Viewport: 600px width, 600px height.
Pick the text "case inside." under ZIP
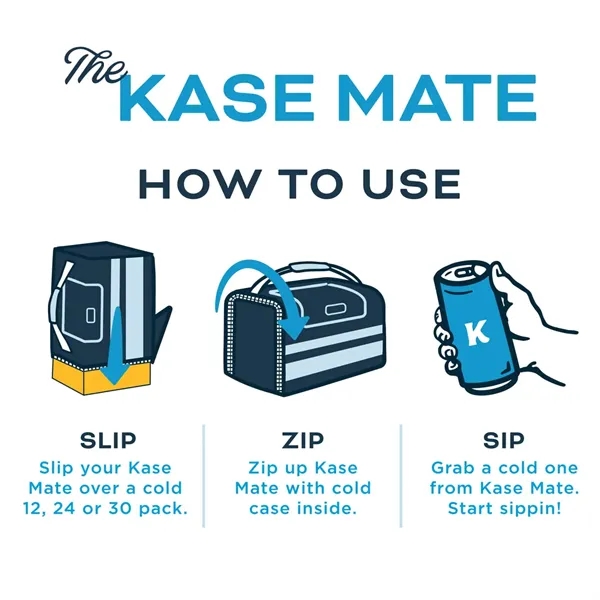click(302, 509)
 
